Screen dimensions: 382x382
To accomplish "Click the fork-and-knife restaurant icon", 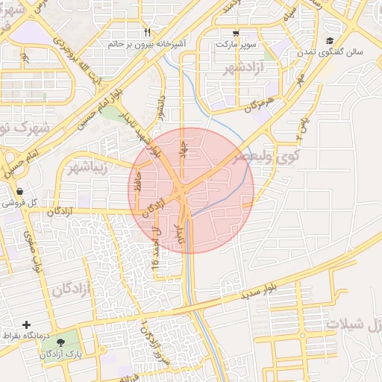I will pos(147,32).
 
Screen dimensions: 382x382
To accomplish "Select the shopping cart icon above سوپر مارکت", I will pos(236,33).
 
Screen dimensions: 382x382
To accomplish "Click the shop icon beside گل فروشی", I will pos(19,192).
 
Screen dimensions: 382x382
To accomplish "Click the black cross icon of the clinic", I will pos(27,325).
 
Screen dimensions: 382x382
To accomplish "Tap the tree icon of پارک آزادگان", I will pos(71,341).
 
